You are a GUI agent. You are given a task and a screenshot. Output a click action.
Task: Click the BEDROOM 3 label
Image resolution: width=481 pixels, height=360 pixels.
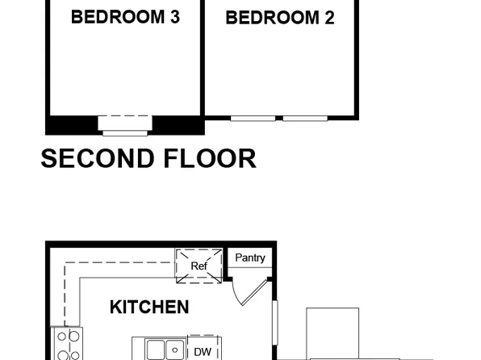pos(125,18)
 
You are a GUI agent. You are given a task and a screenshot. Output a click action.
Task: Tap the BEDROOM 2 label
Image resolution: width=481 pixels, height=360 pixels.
pos(279,18)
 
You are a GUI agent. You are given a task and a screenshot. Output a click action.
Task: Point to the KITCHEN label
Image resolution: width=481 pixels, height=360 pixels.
pos(149,307)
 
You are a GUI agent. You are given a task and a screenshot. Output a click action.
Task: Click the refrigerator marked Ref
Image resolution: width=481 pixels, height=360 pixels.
pos(199,266)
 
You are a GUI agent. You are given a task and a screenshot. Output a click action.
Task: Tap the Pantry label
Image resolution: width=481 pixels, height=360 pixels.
pos(250,257)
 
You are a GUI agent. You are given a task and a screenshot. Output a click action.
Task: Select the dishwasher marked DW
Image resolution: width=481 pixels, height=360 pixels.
pos(203,350)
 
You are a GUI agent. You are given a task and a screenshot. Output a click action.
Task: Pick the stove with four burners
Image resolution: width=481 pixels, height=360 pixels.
pos(65,344)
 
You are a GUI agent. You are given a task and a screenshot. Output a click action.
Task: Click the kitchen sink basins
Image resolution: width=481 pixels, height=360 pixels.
pos(166,350)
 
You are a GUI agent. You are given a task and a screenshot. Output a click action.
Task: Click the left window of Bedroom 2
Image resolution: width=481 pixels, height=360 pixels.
pos(253,119)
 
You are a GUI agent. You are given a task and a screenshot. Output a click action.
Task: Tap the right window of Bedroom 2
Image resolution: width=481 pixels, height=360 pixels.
pos(305,119)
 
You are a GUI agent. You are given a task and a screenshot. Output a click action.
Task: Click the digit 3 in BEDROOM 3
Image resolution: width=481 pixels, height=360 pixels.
pos(174,17)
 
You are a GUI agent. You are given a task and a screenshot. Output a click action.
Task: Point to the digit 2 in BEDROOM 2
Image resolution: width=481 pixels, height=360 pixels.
pos(328,18)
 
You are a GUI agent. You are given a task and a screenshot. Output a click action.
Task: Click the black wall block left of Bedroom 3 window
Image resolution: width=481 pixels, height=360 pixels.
pos(72,125)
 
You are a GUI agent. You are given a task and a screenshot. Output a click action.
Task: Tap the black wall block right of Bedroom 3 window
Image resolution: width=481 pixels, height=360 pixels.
pos(177,125)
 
